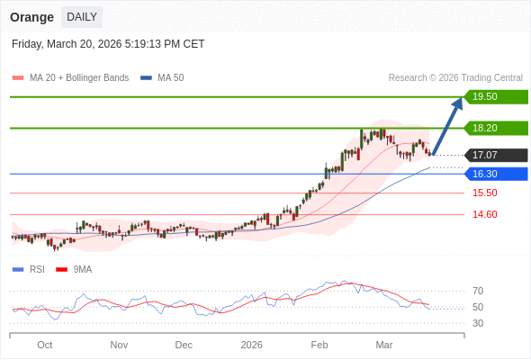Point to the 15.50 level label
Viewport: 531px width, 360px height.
click(x=484, y=193)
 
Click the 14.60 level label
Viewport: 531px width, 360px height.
click(x=484, y=214)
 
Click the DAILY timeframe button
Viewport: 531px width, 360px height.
click(x=82, y=17)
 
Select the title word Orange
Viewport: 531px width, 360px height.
click(x=32, y=17)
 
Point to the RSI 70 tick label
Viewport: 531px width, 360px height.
click(x=478, y=291)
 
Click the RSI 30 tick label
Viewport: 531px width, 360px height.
click(x=478, y=323)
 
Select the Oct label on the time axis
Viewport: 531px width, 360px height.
click(x=45, y=345)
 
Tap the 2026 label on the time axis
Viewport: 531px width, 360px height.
click(x=251, y=345)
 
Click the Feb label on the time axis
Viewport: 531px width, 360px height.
click(x=319, y=345)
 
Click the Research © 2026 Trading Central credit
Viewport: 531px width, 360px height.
click(x=455, y=78)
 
